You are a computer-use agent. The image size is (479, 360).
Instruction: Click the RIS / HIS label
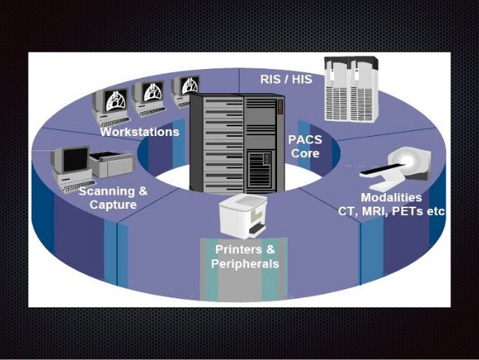(x=285, y=77)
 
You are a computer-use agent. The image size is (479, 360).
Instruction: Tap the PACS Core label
(x=304, y=147)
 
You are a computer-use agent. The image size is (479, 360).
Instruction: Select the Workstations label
(x=140, y=132)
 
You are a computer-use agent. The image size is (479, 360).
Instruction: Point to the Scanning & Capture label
(x=113, y=198)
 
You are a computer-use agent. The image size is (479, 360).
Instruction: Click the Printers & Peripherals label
(x=245, y=256)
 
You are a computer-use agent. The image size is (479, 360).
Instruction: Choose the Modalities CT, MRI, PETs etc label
(x=391, y=204)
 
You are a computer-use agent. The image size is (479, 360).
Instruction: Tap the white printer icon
(x=243, y=214)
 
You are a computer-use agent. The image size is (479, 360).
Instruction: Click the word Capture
(x=113, y=205)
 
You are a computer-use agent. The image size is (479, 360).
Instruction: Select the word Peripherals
(x=245, y=264)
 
